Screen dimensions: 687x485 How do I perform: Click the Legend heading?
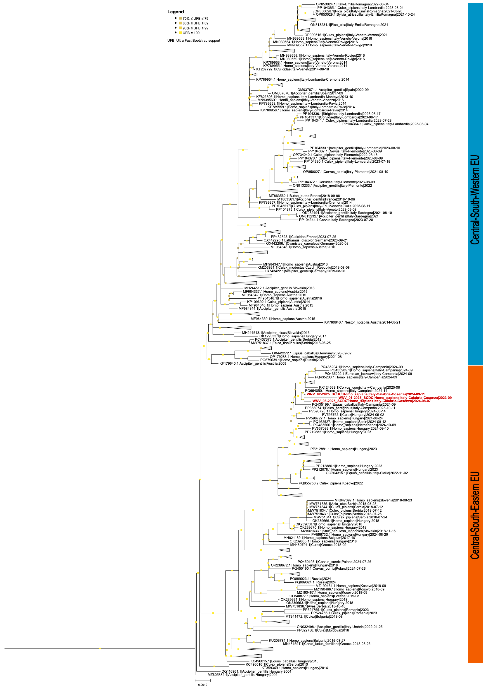click(x=175, y=12)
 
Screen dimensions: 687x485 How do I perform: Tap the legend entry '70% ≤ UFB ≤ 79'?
click(x=195, y=19)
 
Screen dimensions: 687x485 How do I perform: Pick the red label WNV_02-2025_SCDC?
click(x=365, y=394)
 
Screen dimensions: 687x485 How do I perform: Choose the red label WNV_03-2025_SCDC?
click(x=371, y=401)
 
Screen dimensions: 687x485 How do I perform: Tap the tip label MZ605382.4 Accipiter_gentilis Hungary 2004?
click(x=242, y=675)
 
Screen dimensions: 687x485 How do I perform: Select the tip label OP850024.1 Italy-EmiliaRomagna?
click(x=352, y=4)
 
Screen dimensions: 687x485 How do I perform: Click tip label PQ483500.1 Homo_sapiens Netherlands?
click(x=354, y=425)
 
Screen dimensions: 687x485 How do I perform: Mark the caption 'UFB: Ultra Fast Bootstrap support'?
click(x=194, y=40)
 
